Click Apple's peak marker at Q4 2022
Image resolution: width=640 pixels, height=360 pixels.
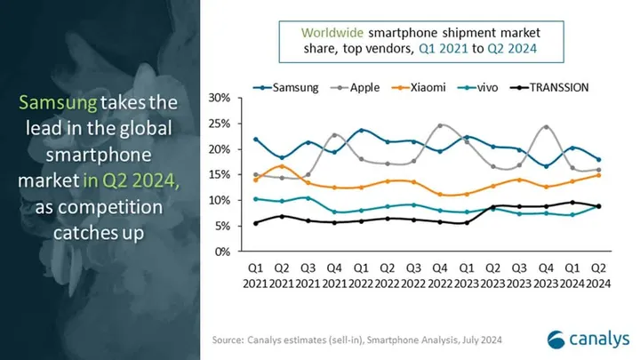439,125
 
